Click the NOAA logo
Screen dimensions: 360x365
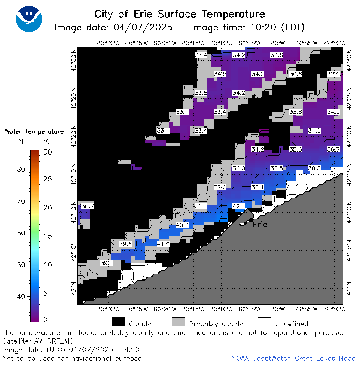coord(29,19)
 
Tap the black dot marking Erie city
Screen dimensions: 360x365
coord(251,220)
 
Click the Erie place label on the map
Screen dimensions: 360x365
coord(260,225)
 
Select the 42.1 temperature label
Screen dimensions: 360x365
coord(239,206)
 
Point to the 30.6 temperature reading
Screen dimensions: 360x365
coord(296,74)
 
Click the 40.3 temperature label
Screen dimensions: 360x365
coord(182,225)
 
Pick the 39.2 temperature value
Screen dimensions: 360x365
coord(107,263)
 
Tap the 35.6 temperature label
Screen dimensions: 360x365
coord(296,149)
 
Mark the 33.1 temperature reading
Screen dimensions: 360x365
coord(182,112)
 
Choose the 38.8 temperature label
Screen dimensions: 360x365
coord(314,168)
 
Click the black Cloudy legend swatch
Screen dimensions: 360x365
coord(118,322)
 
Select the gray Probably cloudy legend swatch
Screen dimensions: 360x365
coord(178,322)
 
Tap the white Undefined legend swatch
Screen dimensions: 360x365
coord(265,322)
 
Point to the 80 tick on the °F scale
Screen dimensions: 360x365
coord(21,169)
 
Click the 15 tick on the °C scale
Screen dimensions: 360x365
coord(48,236)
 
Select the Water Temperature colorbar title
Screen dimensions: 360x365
coord(34,131)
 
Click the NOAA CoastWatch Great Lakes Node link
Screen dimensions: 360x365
coord(293,358)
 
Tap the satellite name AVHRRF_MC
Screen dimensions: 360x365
coord(54,341)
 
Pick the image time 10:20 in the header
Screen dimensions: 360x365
coord(263,27)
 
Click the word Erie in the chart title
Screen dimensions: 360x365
coord(143,14)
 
